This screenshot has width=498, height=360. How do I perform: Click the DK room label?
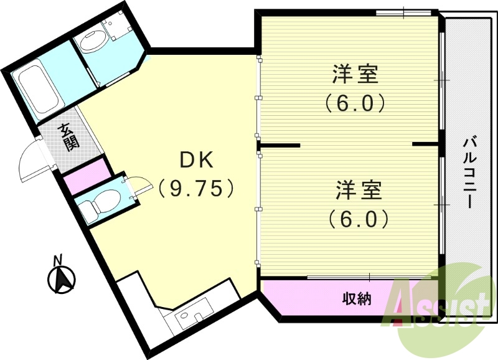coord(197,160)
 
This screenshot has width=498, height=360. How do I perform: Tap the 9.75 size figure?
coord(197,187)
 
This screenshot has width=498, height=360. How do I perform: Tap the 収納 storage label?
coord(357,300)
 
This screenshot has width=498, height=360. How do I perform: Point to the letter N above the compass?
coord(57,260)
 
